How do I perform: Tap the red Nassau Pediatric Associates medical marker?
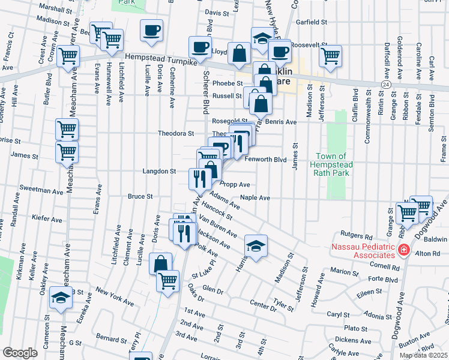point(405,250)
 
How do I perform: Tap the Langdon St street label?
point(158,171)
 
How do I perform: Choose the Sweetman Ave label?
point(41,193)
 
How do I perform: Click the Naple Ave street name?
point(255,197)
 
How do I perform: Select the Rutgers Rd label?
point(357,236)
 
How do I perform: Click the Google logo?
point(20,353)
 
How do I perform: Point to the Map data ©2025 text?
point(423,356)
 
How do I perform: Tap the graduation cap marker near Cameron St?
point(60,298)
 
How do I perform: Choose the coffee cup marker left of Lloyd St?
point(200,46)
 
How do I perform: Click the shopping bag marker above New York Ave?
point(160,262)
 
